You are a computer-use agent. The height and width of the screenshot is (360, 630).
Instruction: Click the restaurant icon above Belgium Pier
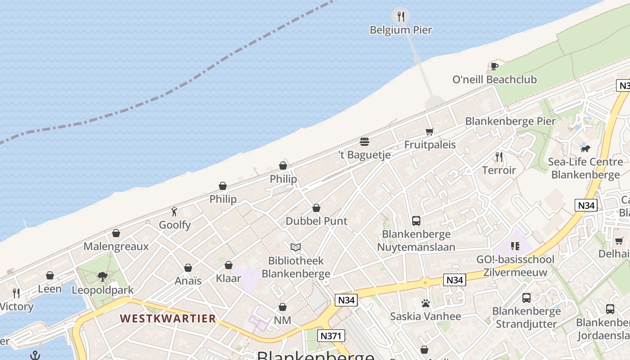400,17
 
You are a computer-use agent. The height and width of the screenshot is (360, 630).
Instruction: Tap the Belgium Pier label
400,30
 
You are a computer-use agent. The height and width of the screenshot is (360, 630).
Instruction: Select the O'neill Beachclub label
494,80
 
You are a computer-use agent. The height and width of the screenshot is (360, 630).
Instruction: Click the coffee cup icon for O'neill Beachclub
494,67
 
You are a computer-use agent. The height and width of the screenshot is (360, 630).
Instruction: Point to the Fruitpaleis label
430,145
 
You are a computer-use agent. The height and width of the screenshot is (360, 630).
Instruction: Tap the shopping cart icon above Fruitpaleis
430,131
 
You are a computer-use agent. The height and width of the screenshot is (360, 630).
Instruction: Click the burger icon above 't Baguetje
364,142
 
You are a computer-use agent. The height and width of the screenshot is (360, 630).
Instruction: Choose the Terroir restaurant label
499,170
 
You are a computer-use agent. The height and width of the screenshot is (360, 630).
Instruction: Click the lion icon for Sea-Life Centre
585,148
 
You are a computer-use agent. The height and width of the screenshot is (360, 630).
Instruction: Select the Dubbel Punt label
316,221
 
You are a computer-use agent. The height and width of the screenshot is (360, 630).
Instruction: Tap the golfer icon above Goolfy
175,211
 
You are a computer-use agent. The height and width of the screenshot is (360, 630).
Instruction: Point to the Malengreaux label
116,247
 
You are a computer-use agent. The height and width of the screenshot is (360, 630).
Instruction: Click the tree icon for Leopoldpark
103,276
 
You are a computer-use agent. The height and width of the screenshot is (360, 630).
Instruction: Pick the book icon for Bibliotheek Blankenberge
296,247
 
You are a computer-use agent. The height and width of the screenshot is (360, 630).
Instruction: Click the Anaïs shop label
188,281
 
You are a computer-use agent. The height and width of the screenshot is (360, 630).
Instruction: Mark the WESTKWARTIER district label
168,319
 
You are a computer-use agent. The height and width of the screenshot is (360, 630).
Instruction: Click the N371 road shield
331,335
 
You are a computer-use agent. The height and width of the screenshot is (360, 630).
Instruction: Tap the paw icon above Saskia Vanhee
425,303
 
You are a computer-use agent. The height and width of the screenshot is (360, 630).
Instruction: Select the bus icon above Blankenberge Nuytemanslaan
416,221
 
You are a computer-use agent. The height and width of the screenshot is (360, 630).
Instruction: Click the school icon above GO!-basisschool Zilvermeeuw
515,246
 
